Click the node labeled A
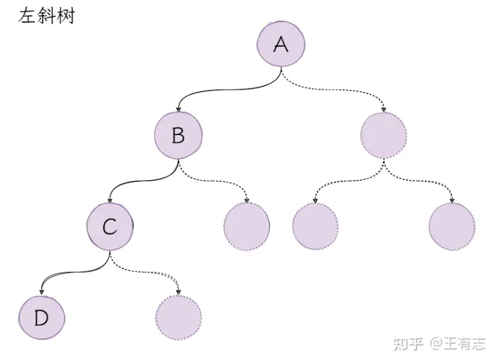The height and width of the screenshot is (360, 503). tap(281, 44)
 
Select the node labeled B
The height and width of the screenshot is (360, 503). tap(178, 135)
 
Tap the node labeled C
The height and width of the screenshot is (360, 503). tap(110, 227)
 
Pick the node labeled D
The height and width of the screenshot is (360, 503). tap(41, 318)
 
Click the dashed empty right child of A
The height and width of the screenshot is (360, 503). tap(384, 135)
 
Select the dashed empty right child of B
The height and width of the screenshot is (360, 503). tap(247, 227)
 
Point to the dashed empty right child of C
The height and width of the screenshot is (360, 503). tap(178, 318)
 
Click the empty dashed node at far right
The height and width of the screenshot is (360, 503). tap(452, 227)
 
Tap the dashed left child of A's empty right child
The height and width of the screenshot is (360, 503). tap(315, 227)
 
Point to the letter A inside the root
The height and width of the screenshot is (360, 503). tap(281, 44)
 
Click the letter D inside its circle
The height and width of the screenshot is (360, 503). tap(41, 318)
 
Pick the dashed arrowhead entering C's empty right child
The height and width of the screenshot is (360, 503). tap(178, 292)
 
